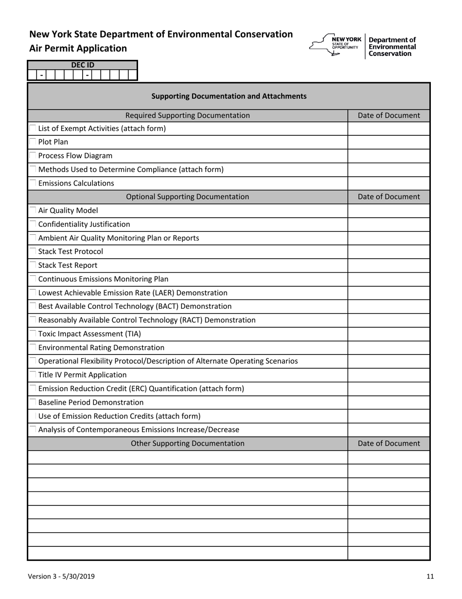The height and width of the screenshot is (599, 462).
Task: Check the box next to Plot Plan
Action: click(33, 142)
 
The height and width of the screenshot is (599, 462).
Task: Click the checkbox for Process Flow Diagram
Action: click(33, 156)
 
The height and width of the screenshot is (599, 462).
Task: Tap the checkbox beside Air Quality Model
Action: click(33, 210)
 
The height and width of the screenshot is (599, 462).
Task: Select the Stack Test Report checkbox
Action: click(33, 265)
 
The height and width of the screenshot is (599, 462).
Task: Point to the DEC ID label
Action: click(83, 65)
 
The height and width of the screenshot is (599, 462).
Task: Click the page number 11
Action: click(430, 577)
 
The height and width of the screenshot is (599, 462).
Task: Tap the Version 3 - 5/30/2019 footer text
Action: click(61, 577)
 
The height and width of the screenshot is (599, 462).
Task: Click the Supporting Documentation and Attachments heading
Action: click(229, 96)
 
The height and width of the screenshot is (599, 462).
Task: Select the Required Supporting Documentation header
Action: click(188, 115)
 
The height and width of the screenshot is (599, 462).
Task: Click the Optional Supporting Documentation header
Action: click(188, 197)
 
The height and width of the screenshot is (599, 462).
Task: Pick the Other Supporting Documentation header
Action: click(188, 443)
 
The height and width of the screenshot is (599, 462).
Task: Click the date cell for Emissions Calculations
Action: click(389, 183)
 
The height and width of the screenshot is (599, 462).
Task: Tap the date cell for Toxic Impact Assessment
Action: click(389, 334)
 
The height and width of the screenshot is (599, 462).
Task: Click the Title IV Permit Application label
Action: click(82, 374)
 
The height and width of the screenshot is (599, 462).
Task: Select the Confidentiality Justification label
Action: click(84, 224)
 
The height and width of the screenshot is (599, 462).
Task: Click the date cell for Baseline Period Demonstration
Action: click(389, 402)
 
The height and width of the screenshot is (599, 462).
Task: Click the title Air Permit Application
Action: click(78, 48)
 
